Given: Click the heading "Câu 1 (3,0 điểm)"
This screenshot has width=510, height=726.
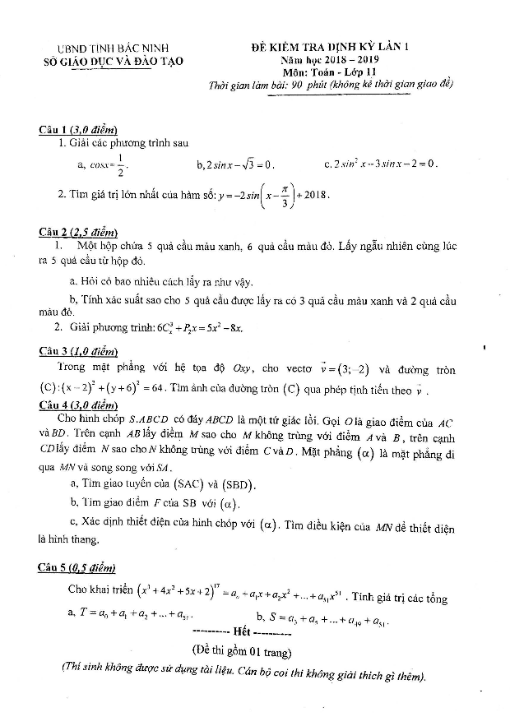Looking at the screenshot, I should click(78, 130).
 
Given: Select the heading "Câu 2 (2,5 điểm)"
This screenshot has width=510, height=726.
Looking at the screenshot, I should click(78, 233).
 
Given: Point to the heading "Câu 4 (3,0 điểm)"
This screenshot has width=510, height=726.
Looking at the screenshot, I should click(78, 405).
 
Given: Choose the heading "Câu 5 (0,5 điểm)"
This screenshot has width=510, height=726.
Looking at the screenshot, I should click(78, 567).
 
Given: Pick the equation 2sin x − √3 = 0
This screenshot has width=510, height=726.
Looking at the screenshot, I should click(235, 164).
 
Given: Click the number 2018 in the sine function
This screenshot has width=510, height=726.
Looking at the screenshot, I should click(314, 195).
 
